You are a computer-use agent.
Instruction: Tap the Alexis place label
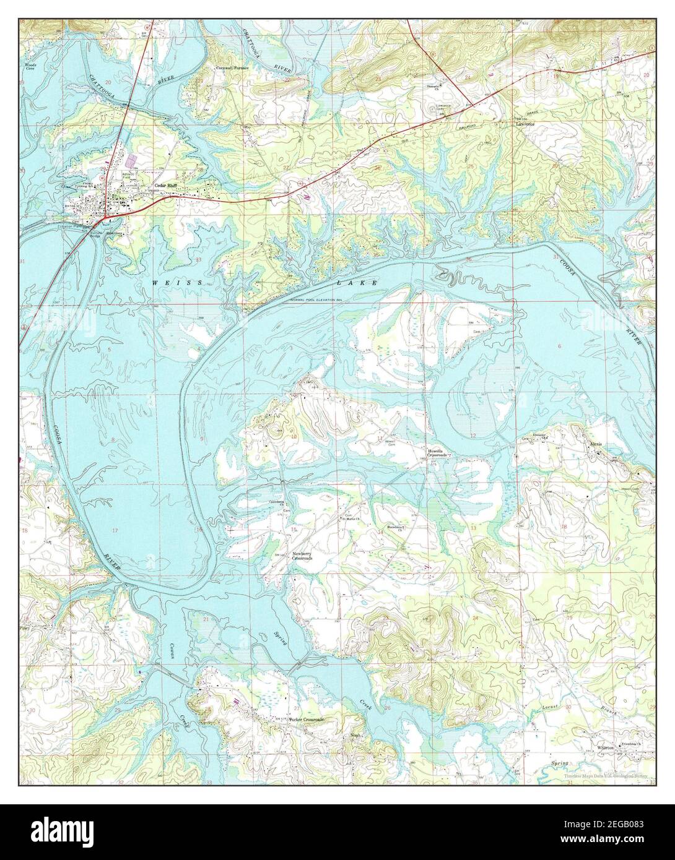coord(596,445)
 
